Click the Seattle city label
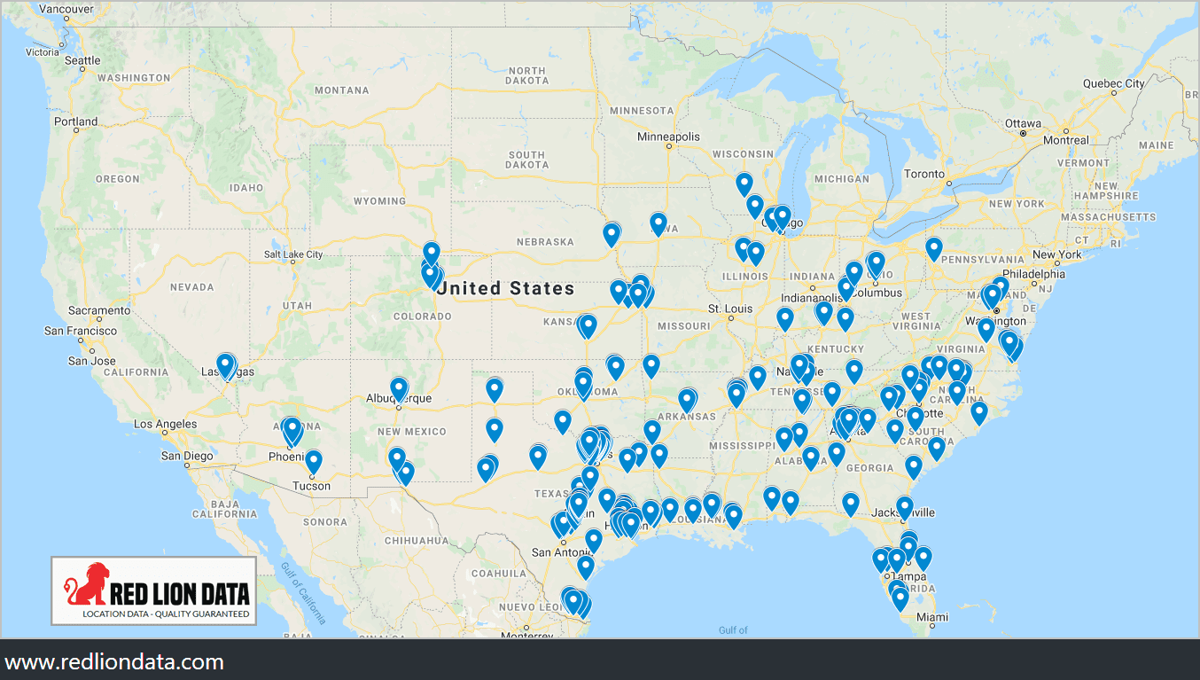point(82,60)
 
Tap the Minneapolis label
point(668,137)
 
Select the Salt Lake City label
point(293,254)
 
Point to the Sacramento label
point(99,311)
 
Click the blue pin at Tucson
point(313,461)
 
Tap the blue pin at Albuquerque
point(399,388)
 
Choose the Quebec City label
point(1113,83)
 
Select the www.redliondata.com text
point(114,661)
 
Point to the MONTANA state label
point(341,90)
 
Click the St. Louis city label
point(729,309)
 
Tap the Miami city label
point(931,617)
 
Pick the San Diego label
point(187,456)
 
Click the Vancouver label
point(66,9)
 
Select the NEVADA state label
point(191,287)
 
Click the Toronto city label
point(924,174)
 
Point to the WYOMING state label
point(379,201)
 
